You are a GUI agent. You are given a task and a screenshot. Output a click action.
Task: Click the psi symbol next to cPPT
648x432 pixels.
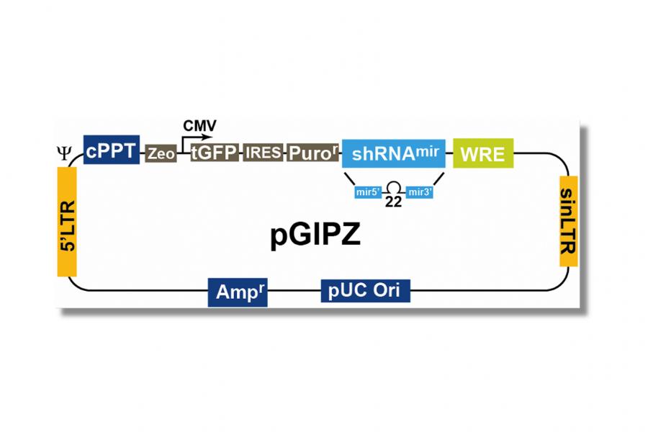tap(64, 152)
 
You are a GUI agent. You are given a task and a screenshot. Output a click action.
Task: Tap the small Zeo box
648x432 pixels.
tap(161, 153)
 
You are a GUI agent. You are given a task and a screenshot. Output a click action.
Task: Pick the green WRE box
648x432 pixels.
tap(482, 153)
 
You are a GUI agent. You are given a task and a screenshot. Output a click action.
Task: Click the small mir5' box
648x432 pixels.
tap(368, 192)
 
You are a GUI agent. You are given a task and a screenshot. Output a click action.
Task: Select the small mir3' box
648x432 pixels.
tap(419, 192)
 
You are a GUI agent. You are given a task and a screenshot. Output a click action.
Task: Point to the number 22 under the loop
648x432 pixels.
tap(393, 202)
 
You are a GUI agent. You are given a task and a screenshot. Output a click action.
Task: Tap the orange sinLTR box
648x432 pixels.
tap(568, 220)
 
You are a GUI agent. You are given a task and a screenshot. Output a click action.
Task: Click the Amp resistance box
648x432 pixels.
tap(238, 292)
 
